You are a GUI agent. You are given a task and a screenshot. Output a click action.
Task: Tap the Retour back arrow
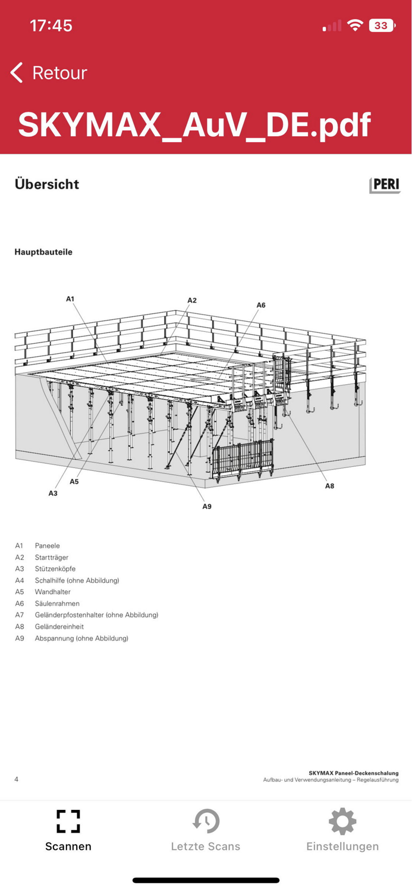click(x=17, y=73)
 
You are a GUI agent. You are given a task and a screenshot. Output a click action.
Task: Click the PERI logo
click(x=385, y=185)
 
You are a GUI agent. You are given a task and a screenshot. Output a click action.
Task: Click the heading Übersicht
click(x=47, y=184)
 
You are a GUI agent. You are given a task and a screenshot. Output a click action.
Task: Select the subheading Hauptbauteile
click(x=43, y=252)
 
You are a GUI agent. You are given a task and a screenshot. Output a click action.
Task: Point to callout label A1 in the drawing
click(x=70, y=299)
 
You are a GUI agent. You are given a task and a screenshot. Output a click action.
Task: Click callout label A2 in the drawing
click(x=192, y=300)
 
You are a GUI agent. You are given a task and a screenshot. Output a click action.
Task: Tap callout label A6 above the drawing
click(x=261, y=305)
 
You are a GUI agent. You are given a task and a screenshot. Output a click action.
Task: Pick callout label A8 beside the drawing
click(x=329, y=486)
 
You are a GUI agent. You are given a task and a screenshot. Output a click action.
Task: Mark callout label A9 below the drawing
click(x=207, y=506)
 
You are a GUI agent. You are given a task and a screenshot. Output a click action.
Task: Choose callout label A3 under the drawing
click(x=53, y=493)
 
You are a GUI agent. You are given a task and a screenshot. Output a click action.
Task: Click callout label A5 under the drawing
click(x=74, y=482)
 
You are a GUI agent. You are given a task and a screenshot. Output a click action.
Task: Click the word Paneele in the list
click(x=48, y=546)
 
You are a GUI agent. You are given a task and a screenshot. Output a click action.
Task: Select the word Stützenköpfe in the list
click(x=55, y=569)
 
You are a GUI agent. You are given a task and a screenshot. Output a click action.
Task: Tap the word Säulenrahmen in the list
click(x=57, y=604)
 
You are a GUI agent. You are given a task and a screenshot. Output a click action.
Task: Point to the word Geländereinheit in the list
click(x=59, y=627)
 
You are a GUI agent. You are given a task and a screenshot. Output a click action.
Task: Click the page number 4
click(x=16, y=779)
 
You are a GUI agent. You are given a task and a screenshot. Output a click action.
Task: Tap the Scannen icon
click(x=68, y=821)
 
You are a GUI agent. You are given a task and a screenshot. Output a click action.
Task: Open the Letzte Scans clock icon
click(x=206, y=821)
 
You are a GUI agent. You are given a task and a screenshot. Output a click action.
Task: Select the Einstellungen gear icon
click(x=342, y=821)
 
